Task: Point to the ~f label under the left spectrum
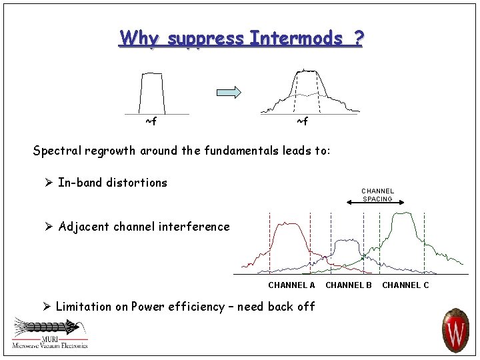tap(151, 121)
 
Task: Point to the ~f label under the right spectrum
tap(302, 121)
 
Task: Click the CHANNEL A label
tap(291, 285)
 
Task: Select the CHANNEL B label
tap(349, 285)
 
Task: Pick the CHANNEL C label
tap(405, 285)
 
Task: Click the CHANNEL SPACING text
tap(378, 195)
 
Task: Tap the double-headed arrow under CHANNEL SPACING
tap(378, 203)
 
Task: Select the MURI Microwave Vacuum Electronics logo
tap(49, 333)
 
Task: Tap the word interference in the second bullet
tap(196, 227)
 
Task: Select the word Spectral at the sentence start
tap(55, 151)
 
